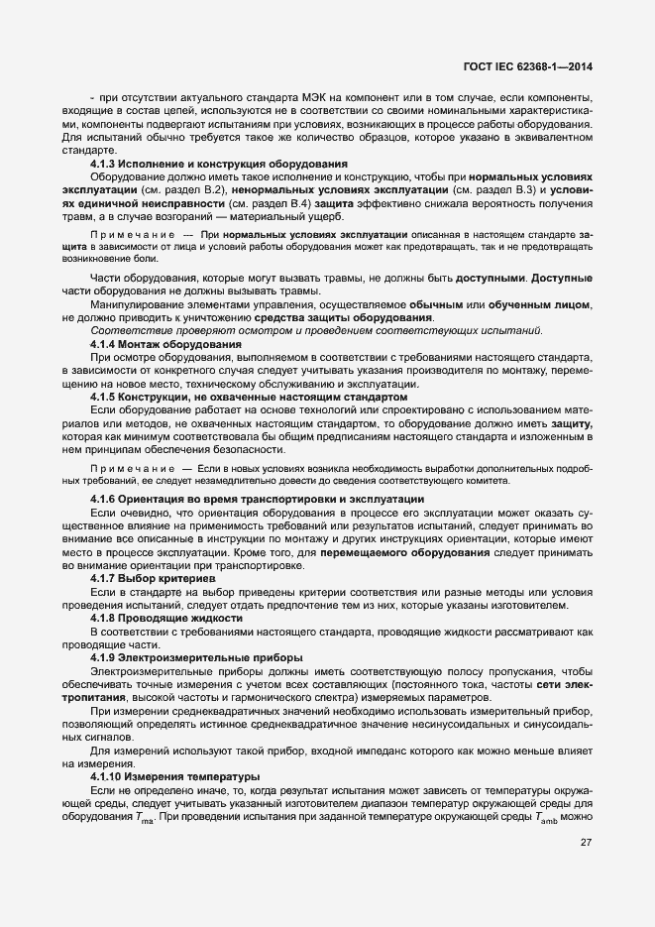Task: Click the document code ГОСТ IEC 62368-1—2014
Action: tap(535, 66)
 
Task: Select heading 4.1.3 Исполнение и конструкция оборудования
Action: tap(218, 163)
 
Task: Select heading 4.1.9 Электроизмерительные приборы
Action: tap(197, 657)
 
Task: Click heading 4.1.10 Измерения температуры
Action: tap(174, 776)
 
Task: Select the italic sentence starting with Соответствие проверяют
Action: tap(315, 330)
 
